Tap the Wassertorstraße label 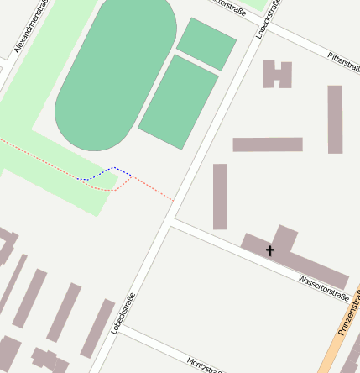(x=323, y=286)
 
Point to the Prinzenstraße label (x=349, y=313)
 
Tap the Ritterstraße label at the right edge (x=344, y=61)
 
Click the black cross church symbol (x=270, y=250)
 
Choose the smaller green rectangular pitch (x=206, y=43)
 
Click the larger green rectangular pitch (x=179, y=102)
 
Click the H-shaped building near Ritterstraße (x=277, y=74)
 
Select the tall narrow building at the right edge (x=335, y=118)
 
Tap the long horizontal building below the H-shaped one (x=267, y=144)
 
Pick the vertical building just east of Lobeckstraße (x=220, y=196)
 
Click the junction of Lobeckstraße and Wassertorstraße (x=170, y=221)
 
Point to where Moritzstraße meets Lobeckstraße (x=118, y=329)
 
